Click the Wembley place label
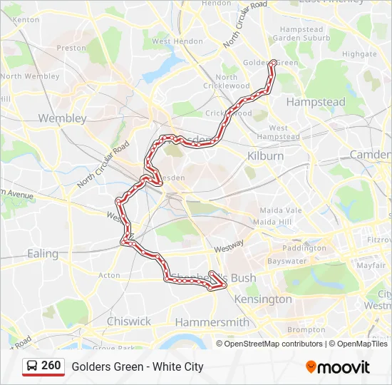tap(62, 118)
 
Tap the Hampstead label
tap(315, 102)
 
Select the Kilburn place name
tap(265, 155)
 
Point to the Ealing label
tap(43, 253)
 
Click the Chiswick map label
tap(128, 322)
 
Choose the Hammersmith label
tap(212, 322)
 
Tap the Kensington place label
tap(263, 299)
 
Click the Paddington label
tap(304, 248)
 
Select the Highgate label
tap(359, 53)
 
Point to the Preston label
tap(71, 48)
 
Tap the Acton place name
tap(110, 275)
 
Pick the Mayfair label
tap(371, 265)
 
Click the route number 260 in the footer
tap(51, 366)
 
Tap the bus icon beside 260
tap(32, 366)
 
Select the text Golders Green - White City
tap(137, 366)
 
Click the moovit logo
tap(338, 367)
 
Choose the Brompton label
tap(306, 330)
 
